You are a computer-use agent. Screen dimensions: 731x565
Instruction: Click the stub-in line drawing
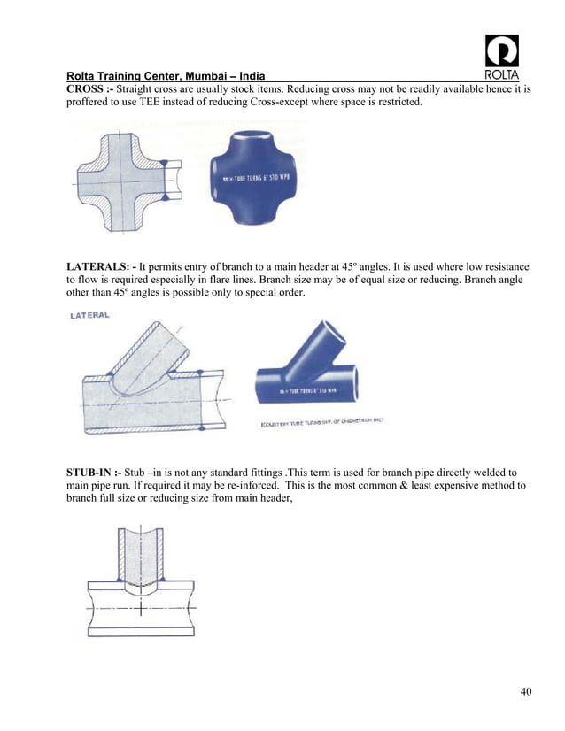140,583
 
